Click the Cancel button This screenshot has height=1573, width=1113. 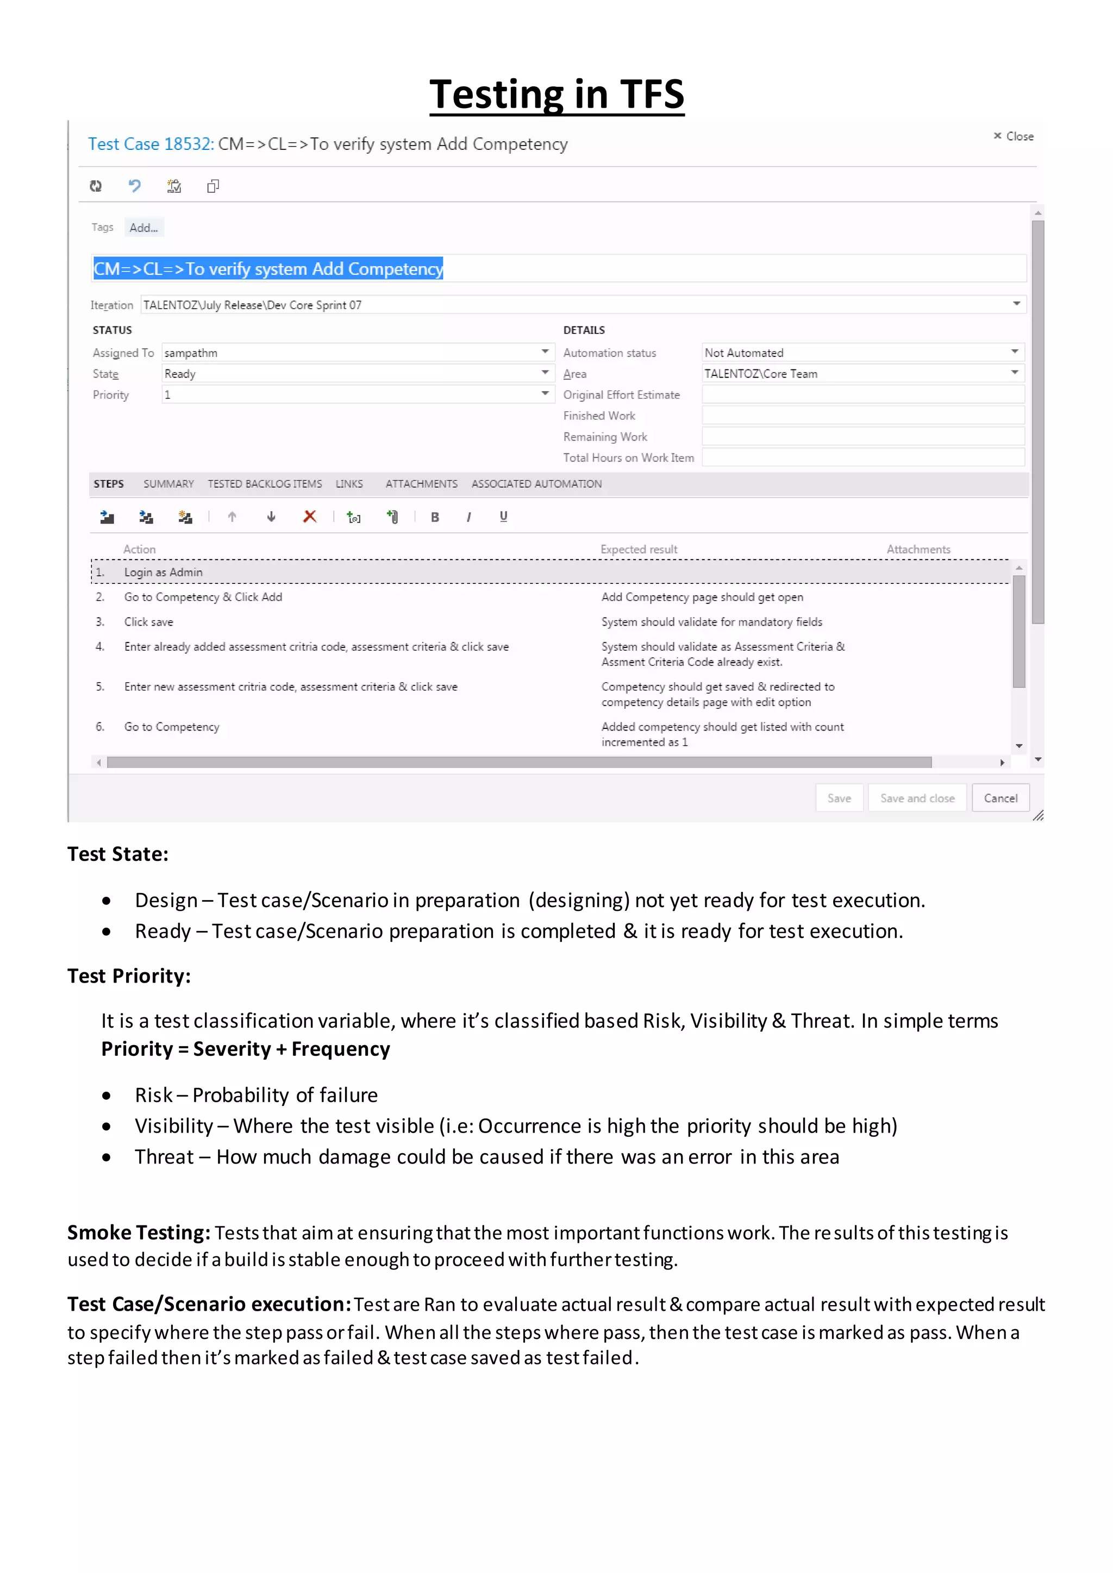pos(1000,798)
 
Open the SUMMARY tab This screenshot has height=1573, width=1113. pos(168,483)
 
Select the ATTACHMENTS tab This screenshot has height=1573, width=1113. pos(421,483)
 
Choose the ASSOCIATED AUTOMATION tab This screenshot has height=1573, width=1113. pos(536,483)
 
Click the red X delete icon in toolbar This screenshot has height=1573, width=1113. pos(310,517)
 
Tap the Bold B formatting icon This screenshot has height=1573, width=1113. pos(435,517)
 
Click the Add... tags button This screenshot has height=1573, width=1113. pos(144,228)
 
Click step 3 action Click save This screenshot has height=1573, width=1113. pos(149,622)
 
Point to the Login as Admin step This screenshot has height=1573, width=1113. pos(163,572)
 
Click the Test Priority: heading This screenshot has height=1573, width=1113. pos(129,976)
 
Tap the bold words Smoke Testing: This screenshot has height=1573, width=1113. pos(139,1232)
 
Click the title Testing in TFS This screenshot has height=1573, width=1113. pos(556,94)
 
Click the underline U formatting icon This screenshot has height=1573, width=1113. pos(504,517)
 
